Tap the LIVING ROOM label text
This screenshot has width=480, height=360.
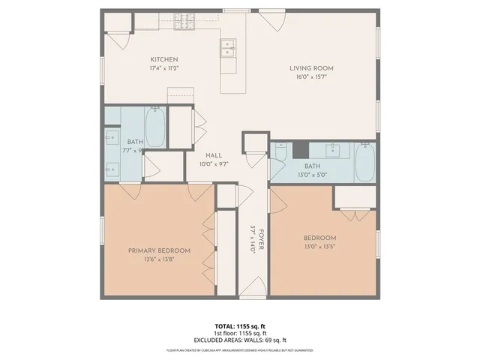point(311,68)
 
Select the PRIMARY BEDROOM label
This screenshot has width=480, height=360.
point(159,250)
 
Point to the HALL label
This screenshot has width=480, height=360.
point(213,155)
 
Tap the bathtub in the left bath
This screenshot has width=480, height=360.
point(154,127)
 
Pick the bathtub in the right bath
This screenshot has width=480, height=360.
point(364,162)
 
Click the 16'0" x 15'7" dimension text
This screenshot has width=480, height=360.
point(311,77)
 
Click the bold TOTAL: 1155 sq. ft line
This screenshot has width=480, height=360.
point(239,327)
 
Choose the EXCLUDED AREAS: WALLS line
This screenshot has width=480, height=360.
point(239,340)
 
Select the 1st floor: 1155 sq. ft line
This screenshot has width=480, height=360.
point(239,333)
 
